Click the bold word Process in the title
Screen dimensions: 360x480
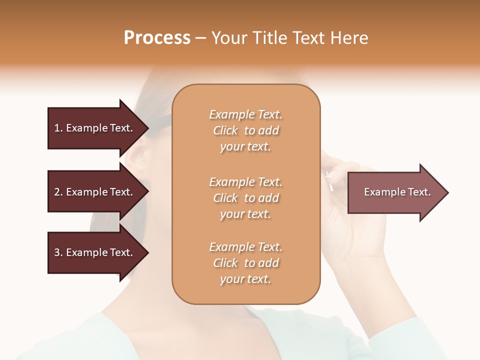[x=157, y=38]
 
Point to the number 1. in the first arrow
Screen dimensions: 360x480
[x=58, y=128]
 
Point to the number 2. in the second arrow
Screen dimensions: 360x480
[x=58, y=192]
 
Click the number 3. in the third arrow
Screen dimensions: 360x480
[x=58, y=252]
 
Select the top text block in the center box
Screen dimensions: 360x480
[x=246, y=130]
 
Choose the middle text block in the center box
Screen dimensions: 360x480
[x=246, y=198]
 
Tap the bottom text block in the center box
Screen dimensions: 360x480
[x=246, y=263]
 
